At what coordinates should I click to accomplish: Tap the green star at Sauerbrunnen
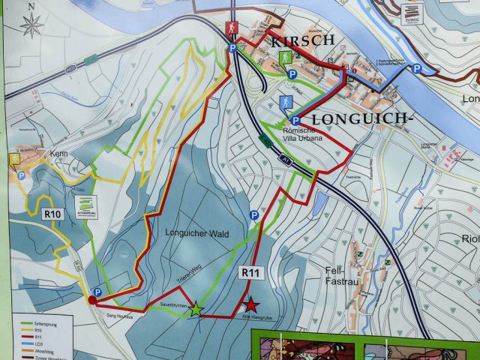tap(196, 308)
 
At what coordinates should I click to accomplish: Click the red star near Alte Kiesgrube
tap(251, 304)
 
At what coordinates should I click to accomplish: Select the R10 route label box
tap(52, 214)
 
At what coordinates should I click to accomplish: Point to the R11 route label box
tap(250, 274)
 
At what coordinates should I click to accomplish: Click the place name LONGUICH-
tap(361, 118)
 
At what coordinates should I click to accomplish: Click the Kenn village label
tap(59, 154)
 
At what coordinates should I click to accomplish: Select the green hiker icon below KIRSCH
tap(286, 57)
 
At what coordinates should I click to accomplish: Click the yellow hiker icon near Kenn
tap(15, 159)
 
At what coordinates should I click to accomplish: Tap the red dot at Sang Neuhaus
tap(92, 300)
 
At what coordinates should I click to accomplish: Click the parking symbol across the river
tap(416, 69)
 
